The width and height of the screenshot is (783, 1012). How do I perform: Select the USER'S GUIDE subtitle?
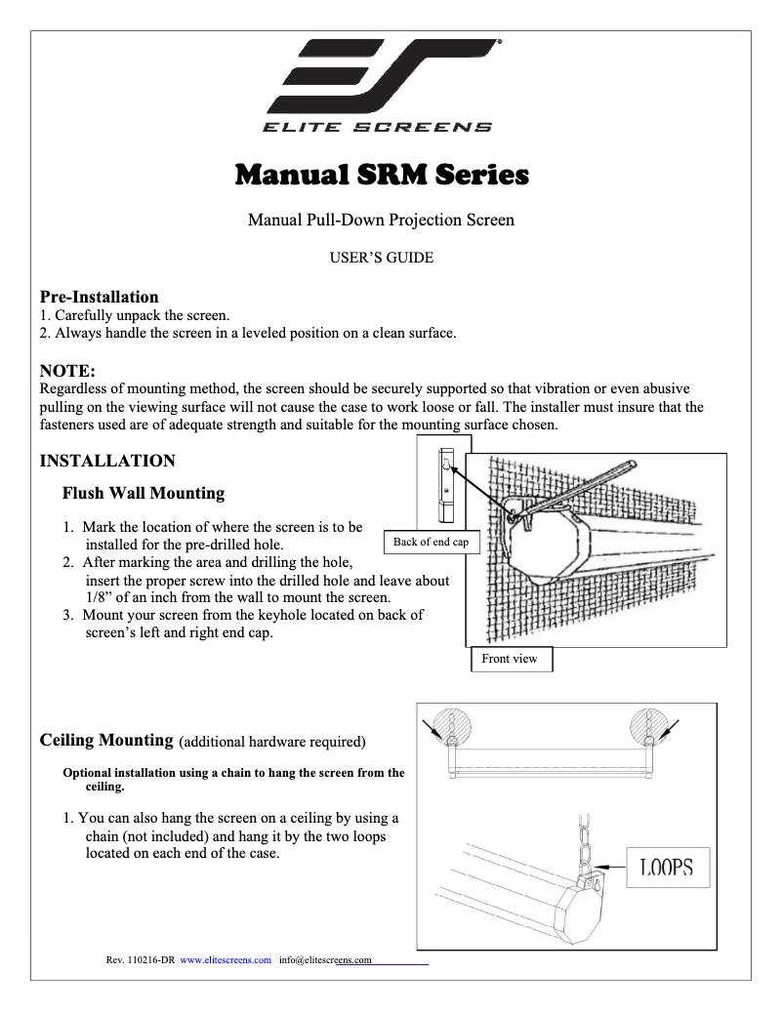(382, 259)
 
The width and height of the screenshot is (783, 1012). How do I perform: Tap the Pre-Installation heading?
(99, 297)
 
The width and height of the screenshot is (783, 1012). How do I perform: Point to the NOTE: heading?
(66, 370)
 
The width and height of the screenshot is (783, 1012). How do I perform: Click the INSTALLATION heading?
(107, 461)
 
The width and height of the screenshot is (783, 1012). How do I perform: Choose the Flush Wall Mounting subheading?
(144, 493)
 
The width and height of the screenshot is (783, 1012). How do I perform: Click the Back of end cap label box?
(431, 543)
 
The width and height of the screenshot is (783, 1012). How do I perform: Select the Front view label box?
(510, 659)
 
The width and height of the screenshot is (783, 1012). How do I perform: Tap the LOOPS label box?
(667, 867)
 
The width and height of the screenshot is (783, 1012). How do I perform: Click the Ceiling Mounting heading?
(106, 741)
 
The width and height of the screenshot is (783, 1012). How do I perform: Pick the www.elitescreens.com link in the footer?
(226, 960)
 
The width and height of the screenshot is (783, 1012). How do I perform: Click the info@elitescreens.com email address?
(326, 960)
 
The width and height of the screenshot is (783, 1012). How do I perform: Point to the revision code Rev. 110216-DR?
(140, 960)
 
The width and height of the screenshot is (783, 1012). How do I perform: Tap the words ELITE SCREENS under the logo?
(376, 127)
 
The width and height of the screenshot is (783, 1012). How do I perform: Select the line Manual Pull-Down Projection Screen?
(381, 220)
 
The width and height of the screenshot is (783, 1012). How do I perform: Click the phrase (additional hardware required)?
(272, 743)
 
